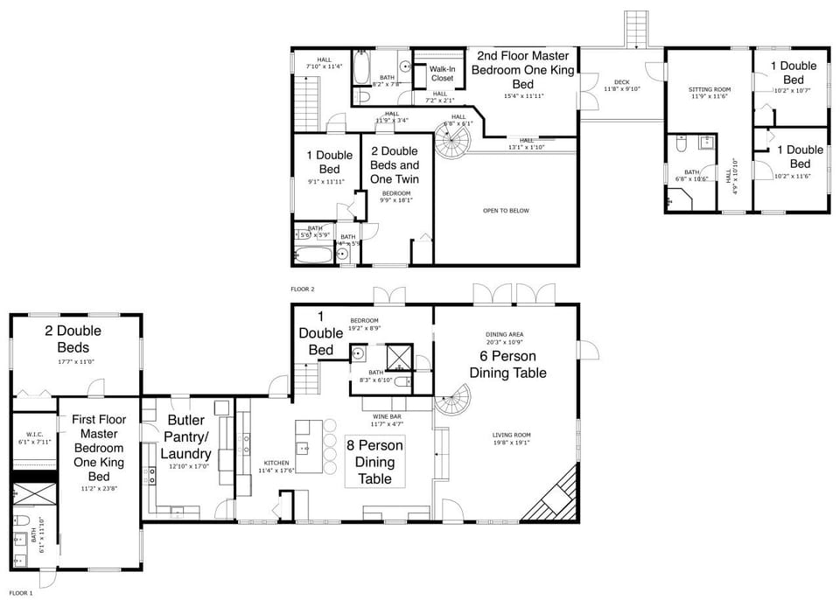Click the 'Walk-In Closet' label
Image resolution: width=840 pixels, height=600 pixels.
click(442, 73)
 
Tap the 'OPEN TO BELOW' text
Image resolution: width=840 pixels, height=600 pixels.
click(506, 210)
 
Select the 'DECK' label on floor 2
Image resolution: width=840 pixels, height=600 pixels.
click(621, 82)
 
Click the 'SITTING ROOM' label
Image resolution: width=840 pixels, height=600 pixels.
click(709, 89)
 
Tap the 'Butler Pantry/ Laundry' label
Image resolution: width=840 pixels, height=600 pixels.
click(185, 436)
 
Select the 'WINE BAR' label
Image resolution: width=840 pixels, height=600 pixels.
click(387, 416)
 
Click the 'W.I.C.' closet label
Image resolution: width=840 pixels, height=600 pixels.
click(34, 434)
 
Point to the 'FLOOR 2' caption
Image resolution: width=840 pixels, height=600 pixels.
click(302, 288)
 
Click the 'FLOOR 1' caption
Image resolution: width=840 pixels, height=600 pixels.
click(21, 593)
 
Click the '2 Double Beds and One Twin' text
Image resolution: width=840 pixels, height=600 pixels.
click(395, 164)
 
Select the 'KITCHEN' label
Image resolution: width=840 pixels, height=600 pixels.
click(276, 463)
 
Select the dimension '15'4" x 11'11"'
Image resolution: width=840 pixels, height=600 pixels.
click(523, 95)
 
